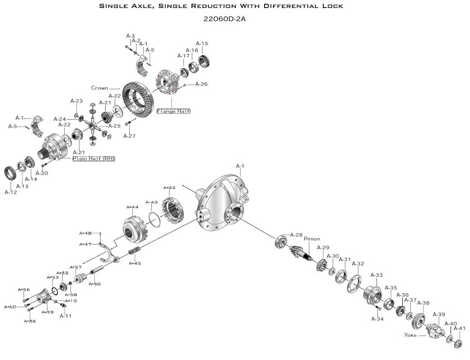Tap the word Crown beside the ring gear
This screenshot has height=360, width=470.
100,88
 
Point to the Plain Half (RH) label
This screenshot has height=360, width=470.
94,159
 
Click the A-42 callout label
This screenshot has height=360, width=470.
169,188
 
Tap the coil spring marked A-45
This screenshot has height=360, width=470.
135,252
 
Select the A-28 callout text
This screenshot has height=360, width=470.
296,235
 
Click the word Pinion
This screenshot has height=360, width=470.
312,239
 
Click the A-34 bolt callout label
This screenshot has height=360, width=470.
377,319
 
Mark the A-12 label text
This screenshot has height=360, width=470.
11,192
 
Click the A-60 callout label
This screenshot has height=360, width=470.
10,307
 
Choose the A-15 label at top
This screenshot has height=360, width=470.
202,44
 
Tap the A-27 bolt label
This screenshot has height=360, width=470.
129,136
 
